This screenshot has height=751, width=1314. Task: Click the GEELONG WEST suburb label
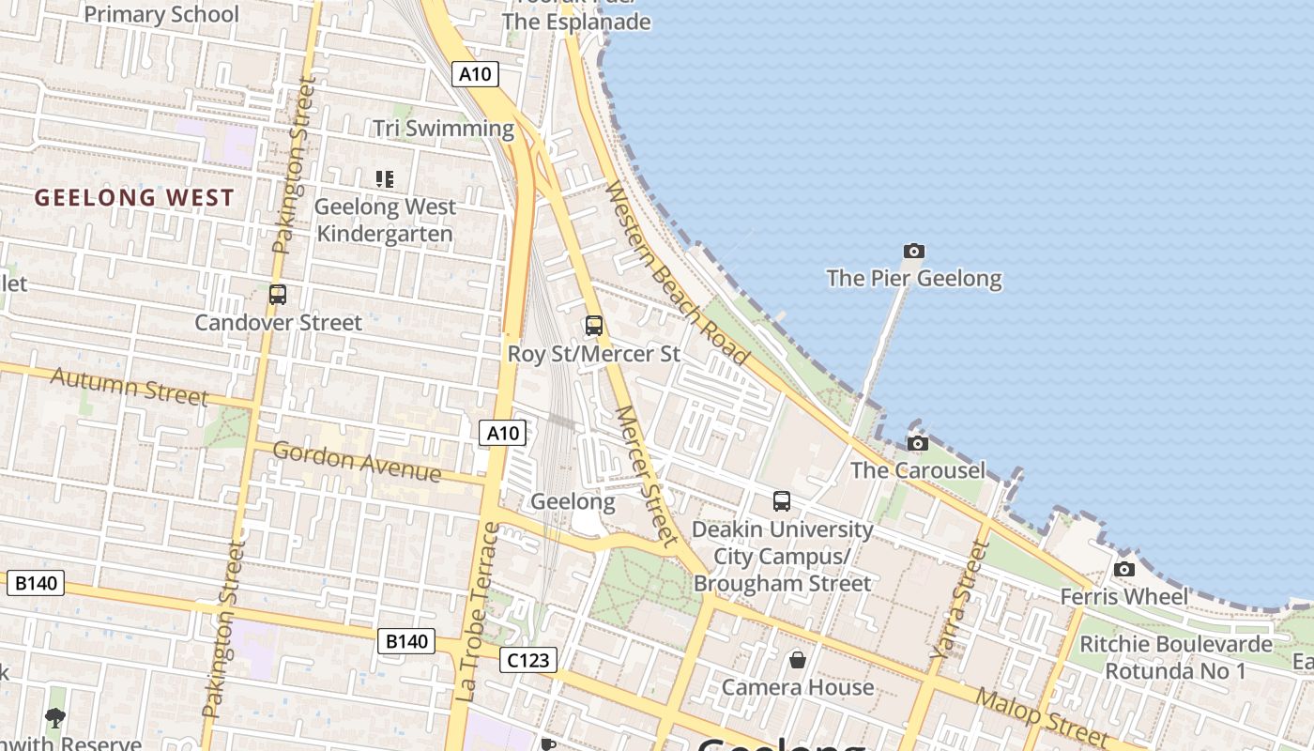134,198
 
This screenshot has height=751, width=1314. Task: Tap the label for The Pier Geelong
913,279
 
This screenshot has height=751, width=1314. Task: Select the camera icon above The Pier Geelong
913,251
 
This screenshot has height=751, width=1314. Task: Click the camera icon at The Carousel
918,443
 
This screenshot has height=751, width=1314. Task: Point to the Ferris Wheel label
1123,597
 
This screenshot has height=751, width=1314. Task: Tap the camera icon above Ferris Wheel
1123,569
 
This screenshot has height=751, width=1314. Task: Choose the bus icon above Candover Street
278,295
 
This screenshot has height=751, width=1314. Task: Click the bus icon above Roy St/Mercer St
594,326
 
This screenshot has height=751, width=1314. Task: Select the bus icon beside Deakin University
782,501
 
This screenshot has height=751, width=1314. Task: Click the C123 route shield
528,660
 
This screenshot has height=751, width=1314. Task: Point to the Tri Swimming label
443,129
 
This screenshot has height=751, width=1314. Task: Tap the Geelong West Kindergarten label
385,220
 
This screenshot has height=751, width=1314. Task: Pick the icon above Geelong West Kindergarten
384,178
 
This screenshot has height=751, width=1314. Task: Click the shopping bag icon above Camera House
797,660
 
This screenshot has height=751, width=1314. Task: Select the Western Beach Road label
676,273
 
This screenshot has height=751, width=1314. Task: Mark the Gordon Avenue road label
356,461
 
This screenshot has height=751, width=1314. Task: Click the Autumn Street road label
129,386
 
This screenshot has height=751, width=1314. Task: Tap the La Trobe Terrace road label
479,611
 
